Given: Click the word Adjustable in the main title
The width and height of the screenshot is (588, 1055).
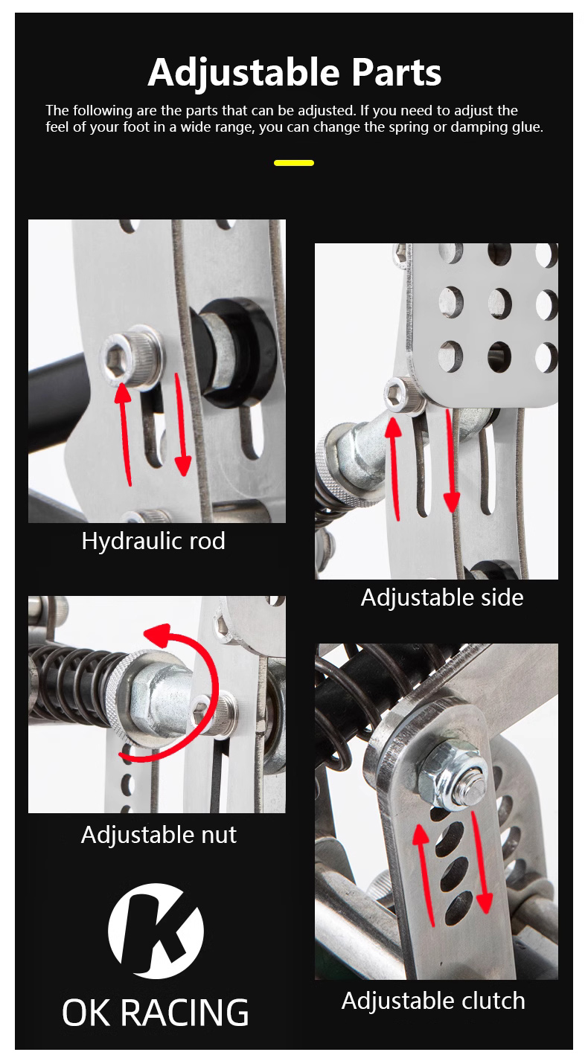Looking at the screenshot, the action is tap(243, 73).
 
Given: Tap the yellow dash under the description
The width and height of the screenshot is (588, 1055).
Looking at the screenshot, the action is tap(294, 163).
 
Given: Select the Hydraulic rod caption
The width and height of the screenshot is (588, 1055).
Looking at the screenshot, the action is tap(153, 541).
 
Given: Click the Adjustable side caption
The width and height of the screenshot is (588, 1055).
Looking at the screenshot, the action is tap(442, 597).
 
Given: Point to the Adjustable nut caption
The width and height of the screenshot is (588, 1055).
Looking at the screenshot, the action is tap(159, 835).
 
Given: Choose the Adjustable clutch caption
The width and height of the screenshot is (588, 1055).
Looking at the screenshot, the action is tap(433, 1001).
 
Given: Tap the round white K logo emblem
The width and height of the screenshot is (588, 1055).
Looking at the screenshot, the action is tap(156, 931).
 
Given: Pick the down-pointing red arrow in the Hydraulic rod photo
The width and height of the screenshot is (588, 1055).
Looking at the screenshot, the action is tap(182, 425).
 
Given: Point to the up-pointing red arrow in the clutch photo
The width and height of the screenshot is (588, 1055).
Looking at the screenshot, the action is tap(426, 875).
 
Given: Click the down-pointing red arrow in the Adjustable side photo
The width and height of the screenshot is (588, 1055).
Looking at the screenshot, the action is tap(451, 461).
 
